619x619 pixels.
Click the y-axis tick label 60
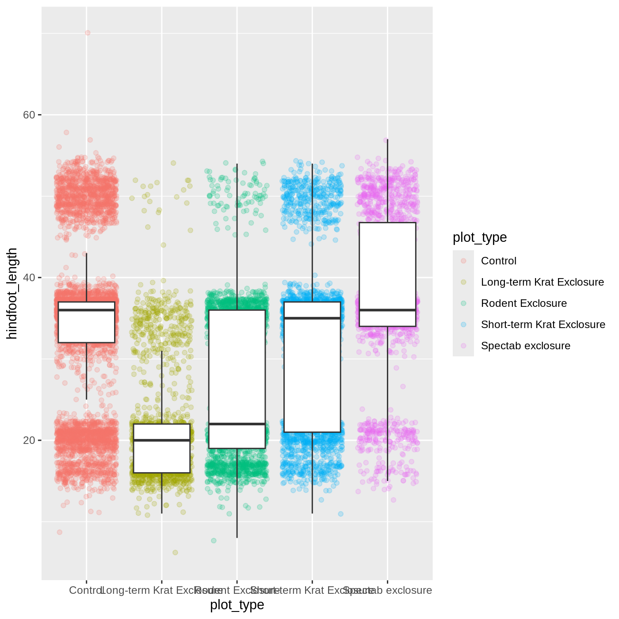pos(29,115)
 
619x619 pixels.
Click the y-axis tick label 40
pos(29,278)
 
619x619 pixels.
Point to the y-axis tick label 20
pos(29,440)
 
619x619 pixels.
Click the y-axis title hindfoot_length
pos(12,294)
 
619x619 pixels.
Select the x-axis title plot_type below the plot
pos(237,604)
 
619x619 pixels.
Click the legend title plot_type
pos(480,237)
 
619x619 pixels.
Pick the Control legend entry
pos(498,261)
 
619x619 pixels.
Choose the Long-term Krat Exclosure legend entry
pos(542,282)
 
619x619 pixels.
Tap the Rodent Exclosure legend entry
pos(523,303)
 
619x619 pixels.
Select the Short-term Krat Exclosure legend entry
pos(543,325)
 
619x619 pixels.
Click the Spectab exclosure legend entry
pos(525,346)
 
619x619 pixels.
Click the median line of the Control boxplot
pos(87,310)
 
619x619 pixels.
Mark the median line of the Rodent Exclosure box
pos(237,424)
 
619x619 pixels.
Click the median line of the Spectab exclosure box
pos(388,310)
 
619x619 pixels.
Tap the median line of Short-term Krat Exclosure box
pos(313,318)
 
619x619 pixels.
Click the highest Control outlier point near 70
pos(88,33)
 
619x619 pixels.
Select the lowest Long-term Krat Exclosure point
pos(175,552)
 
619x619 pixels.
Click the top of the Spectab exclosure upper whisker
pos(388,140)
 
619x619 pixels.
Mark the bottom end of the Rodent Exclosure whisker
pos(237,537)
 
